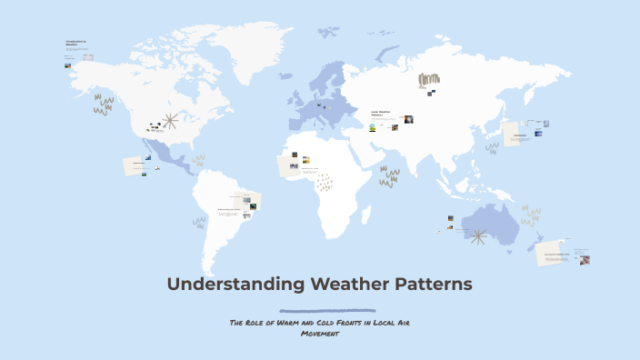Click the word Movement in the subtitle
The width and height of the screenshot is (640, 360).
pos(319,334)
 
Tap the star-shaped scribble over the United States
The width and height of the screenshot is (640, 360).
pos(169,120)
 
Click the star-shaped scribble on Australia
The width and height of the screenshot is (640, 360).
pos(478,237)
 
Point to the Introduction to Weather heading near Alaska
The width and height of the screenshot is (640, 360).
pos(75,44)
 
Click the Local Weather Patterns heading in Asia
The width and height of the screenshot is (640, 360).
pos(381,114)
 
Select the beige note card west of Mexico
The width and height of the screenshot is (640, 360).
pos(136,166)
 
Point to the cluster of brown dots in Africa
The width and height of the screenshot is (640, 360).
pos(324,183)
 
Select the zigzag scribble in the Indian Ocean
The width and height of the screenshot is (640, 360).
pos(389,176)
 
